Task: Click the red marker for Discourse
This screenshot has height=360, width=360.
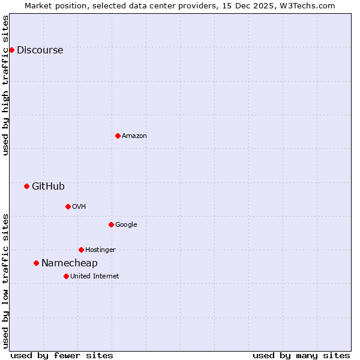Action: pos(12,50)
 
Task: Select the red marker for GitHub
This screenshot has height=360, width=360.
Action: pos(26,186)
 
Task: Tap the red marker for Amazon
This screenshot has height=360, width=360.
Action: pos(118,136)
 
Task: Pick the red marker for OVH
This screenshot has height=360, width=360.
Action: pos(68,206)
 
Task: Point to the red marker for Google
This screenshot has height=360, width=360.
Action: pos(111,224)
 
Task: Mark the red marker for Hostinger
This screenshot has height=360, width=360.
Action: pos(81,250)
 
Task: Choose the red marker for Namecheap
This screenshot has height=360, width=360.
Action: pos(36,263)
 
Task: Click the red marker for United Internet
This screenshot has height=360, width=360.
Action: pos(66,276)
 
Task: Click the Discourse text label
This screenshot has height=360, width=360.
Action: pos(40,50)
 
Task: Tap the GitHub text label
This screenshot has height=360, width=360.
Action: pos(48,187)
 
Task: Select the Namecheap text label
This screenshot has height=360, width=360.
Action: pos(69,263)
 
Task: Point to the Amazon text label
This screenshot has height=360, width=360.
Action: pos(134,136)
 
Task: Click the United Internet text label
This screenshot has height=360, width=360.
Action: pos(94,277)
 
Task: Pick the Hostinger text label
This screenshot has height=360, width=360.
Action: pos(100,250)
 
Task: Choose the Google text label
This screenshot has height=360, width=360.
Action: pos(126,225)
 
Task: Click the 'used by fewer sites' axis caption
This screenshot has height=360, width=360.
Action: pos(62,355)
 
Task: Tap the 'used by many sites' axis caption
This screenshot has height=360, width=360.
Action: pos(301,355)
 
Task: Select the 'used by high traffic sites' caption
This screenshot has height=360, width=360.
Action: pos(6,85)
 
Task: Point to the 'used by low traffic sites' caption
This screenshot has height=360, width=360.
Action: pos(6,281)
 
